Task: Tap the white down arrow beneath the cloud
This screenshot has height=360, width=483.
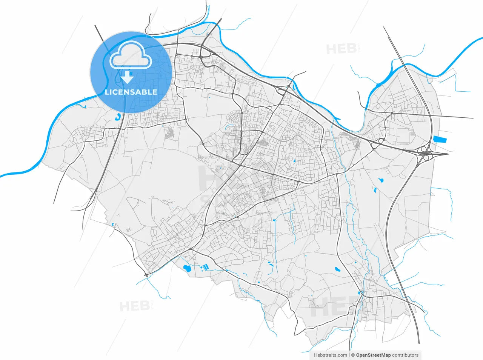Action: pos(128,77)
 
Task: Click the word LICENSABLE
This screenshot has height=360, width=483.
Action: pos(131,92)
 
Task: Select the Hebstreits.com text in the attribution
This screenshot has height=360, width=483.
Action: pos(331,355)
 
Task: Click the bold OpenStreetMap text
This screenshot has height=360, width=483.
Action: pos(374,355)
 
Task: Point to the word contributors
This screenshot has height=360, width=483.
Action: pos(405,355)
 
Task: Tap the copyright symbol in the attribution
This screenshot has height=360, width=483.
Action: pos(353,355)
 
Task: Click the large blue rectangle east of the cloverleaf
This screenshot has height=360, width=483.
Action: pos(440,139)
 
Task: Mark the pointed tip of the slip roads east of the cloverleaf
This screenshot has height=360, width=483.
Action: pos(448,154)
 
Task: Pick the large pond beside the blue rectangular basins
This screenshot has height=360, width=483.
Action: pos(186,269)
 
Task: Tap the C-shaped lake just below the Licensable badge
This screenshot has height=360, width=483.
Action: pos(119,117)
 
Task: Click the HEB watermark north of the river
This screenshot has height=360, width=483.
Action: pos(342,49)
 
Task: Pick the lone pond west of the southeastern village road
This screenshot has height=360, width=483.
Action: pos(337,269)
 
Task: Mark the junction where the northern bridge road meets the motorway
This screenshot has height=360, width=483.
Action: pos(204,49)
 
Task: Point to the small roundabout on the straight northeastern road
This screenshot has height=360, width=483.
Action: pos(392,113)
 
